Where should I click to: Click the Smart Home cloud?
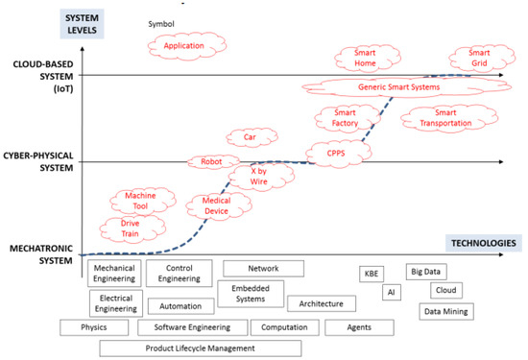(367, 58)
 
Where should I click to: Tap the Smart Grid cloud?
(482, 58)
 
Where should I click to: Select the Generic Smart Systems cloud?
(406, 87)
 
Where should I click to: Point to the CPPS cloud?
(339, 154)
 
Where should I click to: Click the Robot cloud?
(213, 162)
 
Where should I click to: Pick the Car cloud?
(252, 137)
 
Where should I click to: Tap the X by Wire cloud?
(261, 177)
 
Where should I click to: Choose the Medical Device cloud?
(219, 206)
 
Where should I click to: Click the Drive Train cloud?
(132, 229)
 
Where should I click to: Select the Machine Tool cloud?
(143, 201)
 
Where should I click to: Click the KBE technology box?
(372, 274)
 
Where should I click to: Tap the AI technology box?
(392, 292)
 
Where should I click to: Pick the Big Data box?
(426, 272)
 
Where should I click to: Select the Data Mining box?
(446, 311)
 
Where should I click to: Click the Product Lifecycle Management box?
(201, 348)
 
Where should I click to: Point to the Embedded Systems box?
(251, 294)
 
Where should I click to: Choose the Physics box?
(94, 327)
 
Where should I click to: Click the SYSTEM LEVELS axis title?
(82, 24)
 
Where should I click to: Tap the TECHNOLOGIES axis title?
(484, 243)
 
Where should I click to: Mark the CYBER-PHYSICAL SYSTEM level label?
(38, 161)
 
